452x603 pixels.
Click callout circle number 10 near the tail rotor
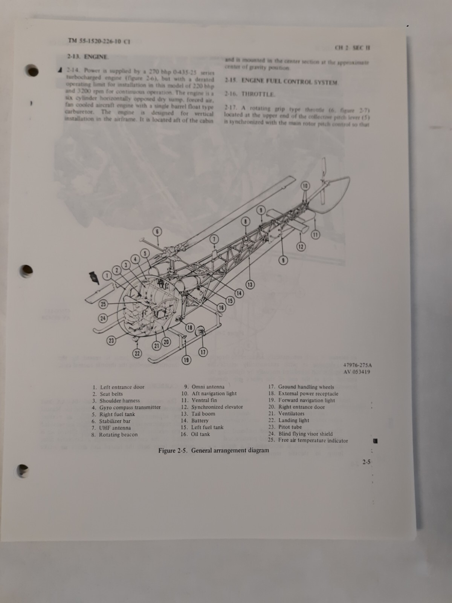[305, 186]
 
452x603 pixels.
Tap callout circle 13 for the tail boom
[250, 285]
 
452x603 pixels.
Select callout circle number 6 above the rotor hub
[157, 232]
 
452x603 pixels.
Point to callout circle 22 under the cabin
[137, 353]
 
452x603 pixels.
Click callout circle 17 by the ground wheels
[203, 352]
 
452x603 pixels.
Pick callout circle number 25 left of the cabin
[103, 304]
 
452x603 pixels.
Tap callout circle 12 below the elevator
[301, 247]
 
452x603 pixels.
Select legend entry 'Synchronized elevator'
[217, 407]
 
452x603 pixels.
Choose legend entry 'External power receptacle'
[308, 393]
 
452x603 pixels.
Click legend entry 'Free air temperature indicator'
[313, 441]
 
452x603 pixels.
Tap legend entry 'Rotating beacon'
[118, 435]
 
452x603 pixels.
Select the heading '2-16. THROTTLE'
[250, 94]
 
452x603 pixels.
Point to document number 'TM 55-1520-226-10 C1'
[99, 41]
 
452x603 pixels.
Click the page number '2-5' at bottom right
[366, 462]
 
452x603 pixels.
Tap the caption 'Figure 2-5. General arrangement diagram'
[214, 450]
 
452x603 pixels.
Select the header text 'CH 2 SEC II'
[352, 48]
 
